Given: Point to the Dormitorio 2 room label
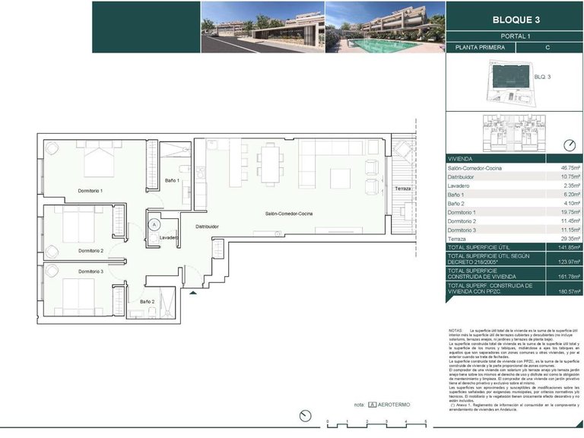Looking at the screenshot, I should click(90, 250).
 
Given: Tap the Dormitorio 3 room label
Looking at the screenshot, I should click(90, 271).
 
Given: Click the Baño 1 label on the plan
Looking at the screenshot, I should click(172, 180).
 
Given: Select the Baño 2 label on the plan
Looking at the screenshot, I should click(147, 301).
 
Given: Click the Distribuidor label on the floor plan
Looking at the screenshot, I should click(207, 226).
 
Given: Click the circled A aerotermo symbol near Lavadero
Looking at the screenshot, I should click(154, 224).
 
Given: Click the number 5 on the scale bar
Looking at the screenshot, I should click(426, 421).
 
